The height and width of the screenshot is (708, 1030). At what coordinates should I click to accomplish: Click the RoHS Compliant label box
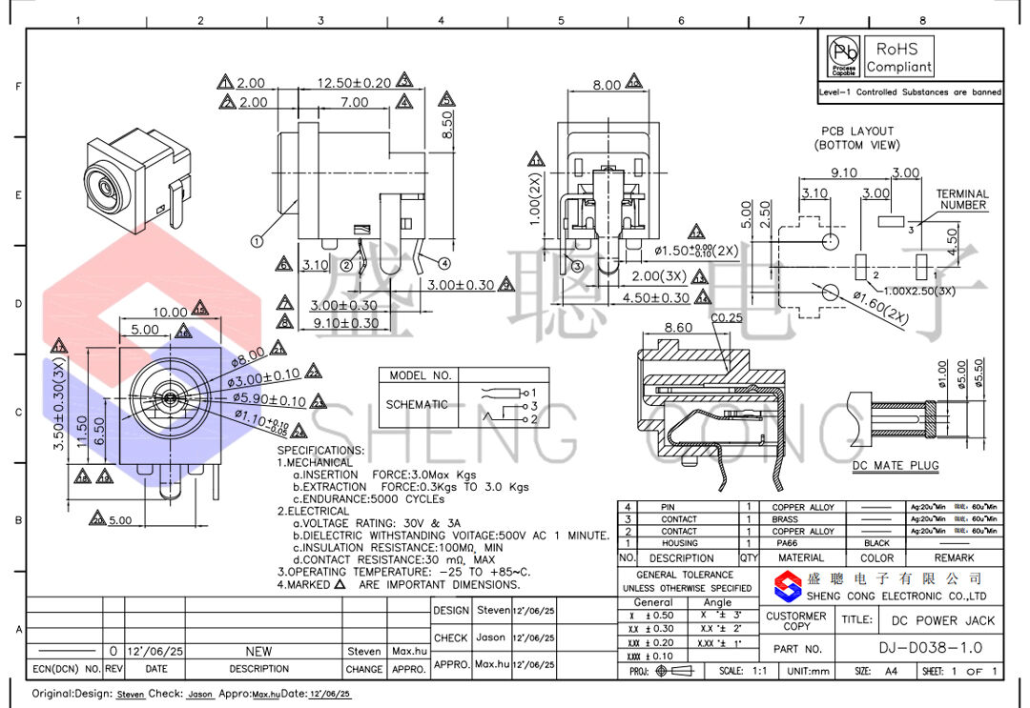click(898, 57)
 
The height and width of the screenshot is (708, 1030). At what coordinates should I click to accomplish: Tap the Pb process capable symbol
click(843, 55)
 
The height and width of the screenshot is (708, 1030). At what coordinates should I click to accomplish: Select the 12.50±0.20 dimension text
click(354, 83)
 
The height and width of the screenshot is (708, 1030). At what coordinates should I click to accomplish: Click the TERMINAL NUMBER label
click(962, 199)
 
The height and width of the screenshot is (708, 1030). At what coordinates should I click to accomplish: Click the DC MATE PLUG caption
click(896, 466)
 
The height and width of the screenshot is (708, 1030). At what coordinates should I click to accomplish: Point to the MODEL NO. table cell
click(421, 375)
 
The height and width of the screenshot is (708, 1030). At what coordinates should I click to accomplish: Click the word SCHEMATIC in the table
click(417, 404)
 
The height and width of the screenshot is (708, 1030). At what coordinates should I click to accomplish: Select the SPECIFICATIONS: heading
click(320, 450)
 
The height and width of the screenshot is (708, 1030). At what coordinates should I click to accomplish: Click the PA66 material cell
click(801, 543)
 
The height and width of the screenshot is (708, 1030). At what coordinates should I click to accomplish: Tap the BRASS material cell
click(801, 519)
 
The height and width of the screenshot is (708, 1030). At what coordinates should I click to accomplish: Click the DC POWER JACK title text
click(942, 620)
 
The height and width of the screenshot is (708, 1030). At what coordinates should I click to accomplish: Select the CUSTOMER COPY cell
click(796, 621)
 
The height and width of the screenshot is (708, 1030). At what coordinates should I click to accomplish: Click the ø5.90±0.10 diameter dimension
click(271, 401)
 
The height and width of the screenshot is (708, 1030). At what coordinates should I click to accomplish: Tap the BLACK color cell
click(876, 543)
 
